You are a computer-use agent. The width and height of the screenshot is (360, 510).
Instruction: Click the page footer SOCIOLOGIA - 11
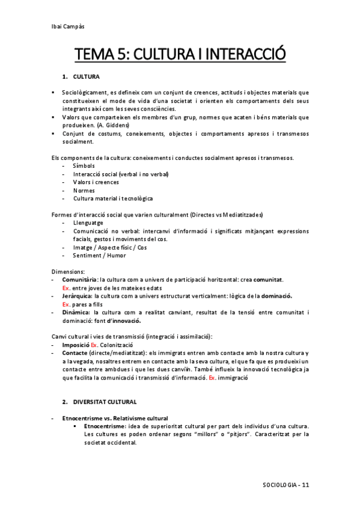[x=286, y=484]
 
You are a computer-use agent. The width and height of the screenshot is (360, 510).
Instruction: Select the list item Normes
[x=84, y=189]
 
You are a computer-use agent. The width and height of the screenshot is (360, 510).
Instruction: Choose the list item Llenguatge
[x=88, y=223]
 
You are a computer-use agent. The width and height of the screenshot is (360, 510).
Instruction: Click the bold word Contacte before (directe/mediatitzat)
[x=75, y=352]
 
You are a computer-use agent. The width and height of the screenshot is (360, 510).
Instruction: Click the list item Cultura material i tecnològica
[x=113, y=198]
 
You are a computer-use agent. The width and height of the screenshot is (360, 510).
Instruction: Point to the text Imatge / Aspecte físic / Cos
[x=109, y=247]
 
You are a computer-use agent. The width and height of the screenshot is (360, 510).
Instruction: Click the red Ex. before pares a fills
[x=67, y=304]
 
